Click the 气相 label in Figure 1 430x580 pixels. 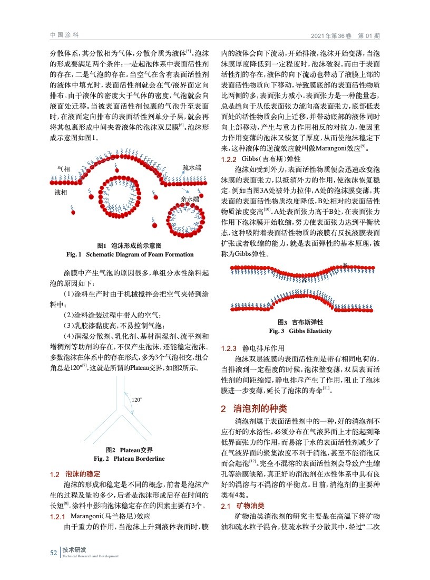coord(63,169)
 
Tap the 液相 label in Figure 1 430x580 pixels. coord(61,193)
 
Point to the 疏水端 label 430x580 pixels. coord(191,167)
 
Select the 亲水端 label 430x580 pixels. coord(189,199)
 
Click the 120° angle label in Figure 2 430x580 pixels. coord(136,400)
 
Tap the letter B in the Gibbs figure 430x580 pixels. coord(345,264)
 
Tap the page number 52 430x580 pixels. coord(53,553)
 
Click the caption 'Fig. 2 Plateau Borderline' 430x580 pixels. coord(129,459)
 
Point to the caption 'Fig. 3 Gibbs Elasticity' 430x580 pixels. coord(300,331)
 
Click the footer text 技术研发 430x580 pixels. coord(74,550)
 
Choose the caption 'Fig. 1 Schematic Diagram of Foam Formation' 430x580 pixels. coord(130,254)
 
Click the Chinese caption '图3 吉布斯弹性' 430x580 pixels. coord(300,322)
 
